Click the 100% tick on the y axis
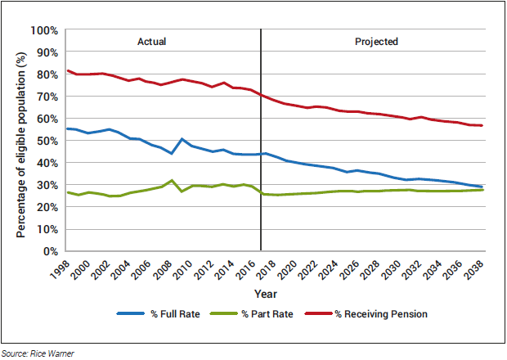pos(44,30)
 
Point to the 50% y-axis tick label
pos(47,141)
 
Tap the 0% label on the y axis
pos(50,251)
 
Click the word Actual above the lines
pos(151,42)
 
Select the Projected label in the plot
pos(376,42)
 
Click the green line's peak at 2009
pos(171,180)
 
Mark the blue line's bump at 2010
pos(182,139)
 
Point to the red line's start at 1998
pos(68,70)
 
